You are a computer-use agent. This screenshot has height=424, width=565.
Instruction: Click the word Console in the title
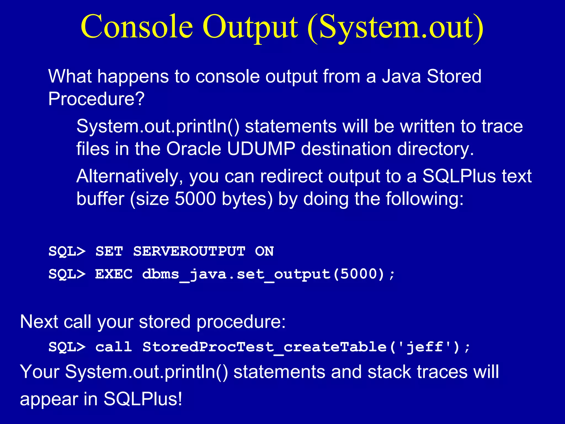tap(137, 27)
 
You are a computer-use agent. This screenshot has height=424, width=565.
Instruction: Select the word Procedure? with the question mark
tap(96, 99)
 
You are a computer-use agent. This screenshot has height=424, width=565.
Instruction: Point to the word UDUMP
tap(261, 149)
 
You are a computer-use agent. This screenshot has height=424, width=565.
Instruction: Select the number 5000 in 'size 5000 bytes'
tap(195, 199)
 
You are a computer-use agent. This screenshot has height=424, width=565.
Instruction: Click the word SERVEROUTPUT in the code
tap(189, 251)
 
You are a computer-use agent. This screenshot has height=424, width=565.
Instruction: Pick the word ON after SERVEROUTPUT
tap(264, 251)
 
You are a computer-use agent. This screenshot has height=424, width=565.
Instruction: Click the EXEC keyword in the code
tap(114, 274)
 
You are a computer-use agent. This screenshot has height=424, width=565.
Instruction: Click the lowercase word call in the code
tap(114, 347)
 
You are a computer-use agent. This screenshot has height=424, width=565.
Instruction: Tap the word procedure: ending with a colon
tap(241, 322)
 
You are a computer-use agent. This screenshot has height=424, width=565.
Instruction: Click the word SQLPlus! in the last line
tap(143, 399)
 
